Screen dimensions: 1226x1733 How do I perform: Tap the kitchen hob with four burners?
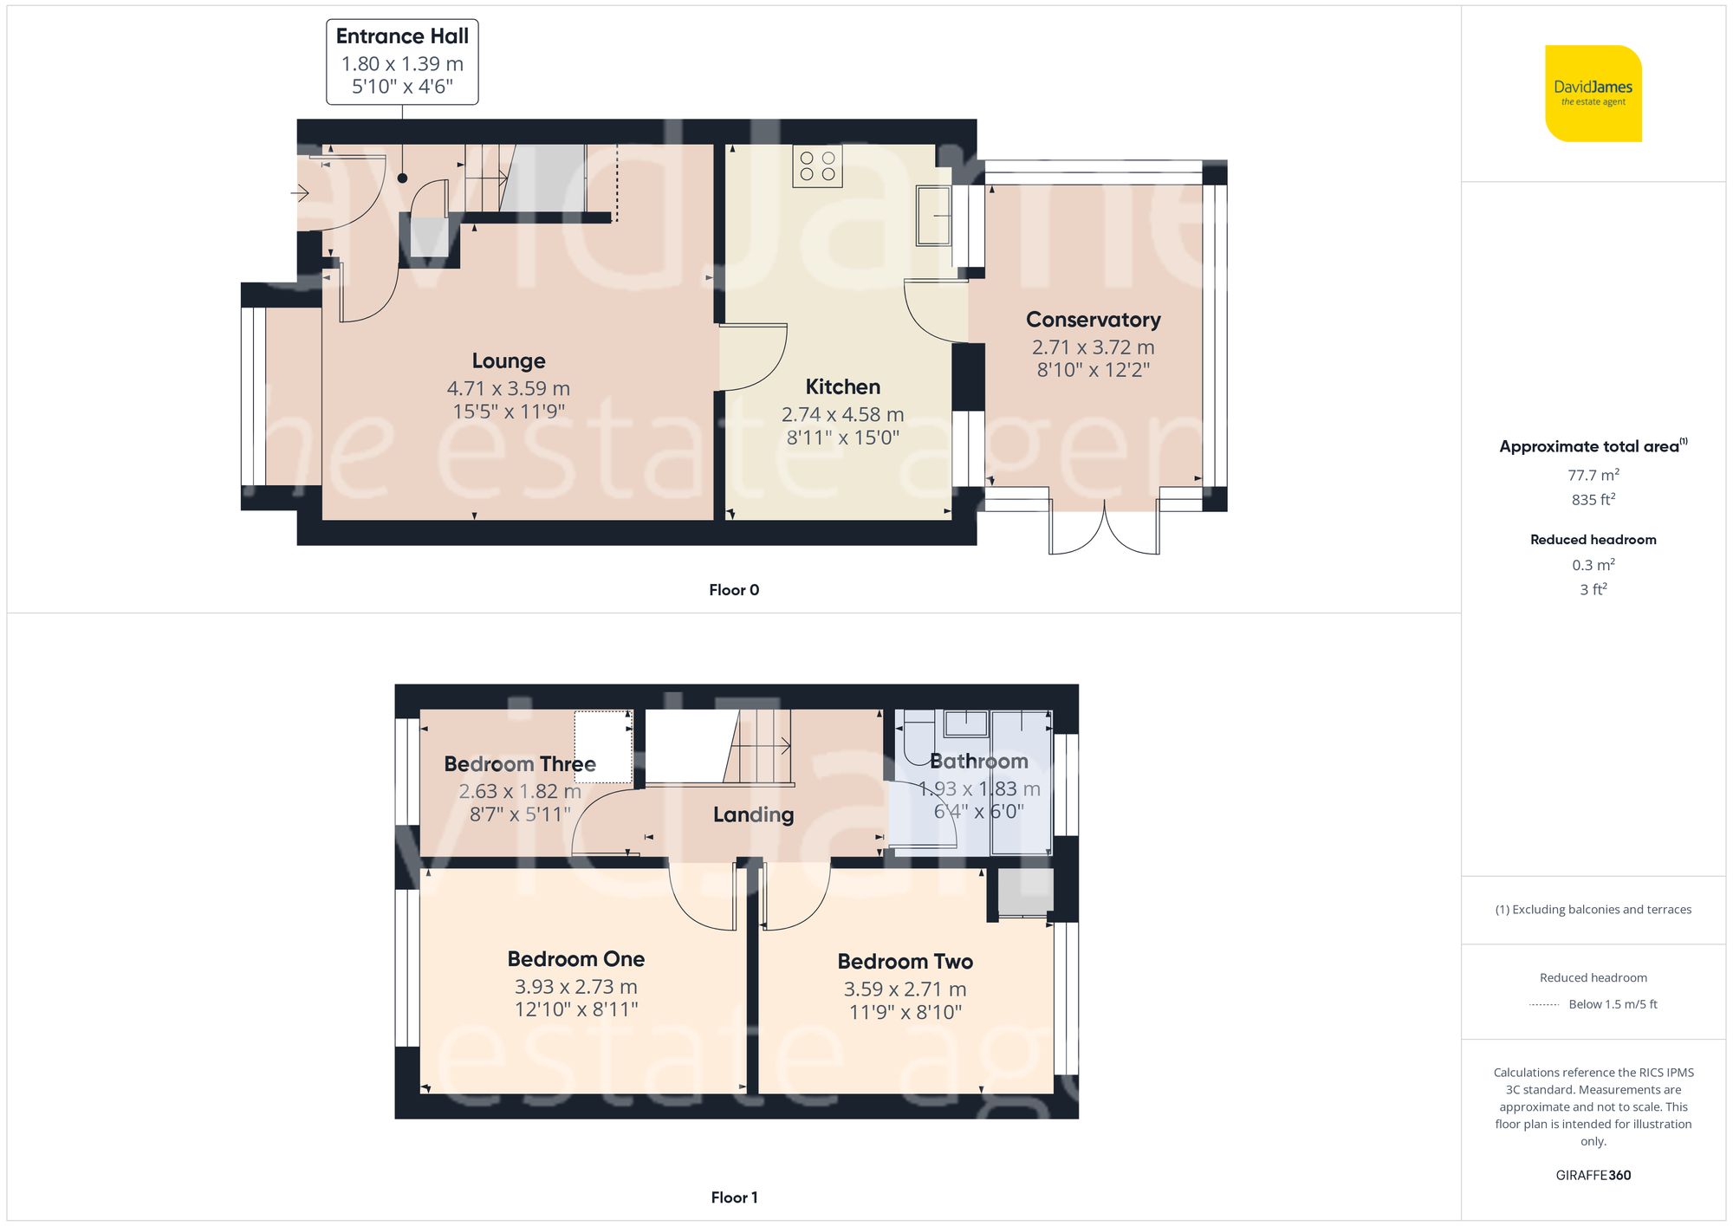pyautogui.click(x=817, y=166)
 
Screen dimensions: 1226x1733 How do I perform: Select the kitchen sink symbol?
pyautogui.click(x=934, y=215)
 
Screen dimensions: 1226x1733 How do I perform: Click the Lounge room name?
pyautogui.click(x=509, y=361)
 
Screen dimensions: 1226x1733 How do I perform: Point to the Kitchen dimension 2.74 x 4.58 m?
pyautogui.click(x=842, y=415)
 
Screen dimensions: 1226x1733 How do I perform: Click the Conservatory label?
pyautogui.click(x=1093, y=320)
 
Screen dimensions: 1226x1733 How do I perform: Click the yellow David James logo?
pyautogui.click(x=1593, y=94)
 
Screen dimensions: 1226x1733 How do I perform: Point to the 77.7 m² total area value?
pyautogui.click(x=1593, y=475)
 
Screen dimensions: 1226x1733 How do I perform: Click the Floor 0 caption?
pyautogui.click(x=734, y=590)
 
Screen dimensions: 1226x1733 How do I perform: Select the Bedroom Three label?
pyautogui.click(x=520, y=764)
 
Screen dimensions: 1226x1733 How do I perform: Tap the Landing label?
pyautogui.click(x=753, y=814)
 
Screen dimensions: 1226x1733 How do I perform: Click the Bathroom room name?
pyautogui.click(x=978, y=762)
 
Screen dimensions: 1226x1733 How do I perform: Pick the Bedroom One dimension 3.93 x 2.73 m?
pyautogui.click(x=575, y=987)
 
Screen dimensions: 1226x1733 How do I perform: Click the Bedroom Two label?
pyautogui.click(x=905, y=962)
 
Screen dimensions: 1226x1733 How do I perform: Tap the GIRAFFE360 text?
pyautogui.click(x=1593, y=1176)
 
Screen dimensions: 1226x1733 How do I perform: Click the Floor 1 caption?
pyautogui.click(x=734, y=1197)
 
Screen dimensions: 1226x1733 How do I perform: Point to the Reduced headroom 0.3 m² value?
pyautogui.click(x=1593, y=565)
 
